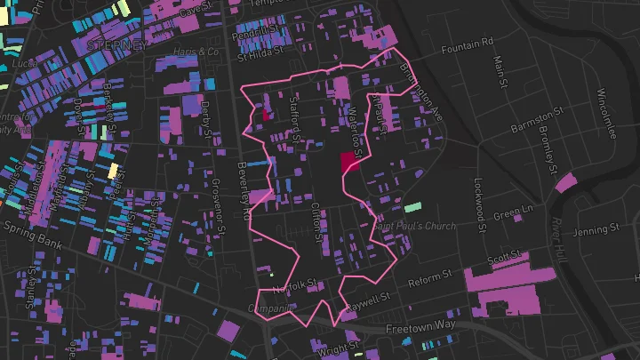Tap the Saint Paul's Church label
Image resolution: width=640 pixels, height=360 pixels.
tap(414, 226)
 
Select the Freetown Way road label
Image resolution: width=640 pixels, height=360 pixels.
tap(422, 326)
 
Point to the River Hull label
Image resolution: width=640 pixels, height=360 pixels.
tap(559, 240)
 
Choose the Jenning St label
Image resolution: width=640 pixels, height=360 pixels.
tap(595, 231)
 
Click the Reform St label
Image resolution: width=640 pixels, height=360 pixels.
tap(430, 283)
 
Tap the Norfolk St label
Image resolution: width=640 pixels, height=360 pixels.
tap(294, 285)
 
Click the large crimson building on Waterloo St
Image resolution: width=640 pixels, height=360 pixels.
tap(348, 164)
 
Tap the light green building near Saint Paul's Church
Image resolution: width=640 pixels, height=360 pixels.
tap(412, 207)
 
